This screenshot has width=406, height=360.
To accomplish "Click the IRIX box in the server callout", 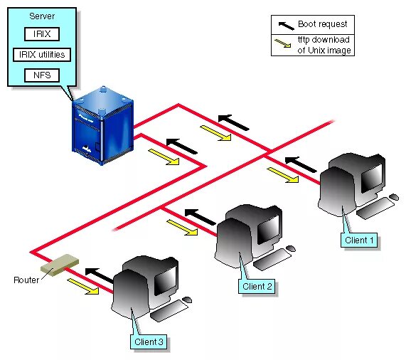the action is [x=42, y=34].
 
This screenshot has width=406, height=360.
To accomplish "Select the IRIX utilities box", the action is [x=42, y=55].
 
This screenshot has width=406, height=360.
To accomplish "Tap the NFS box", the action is [x=42, y=75].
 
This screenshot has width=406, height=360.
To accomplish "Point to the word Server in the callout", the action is [x=42, y=16].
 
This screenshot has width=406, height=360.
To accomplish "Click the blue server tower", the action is [x=103, y=126].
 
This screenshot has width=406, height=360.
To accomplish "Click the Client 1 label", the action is [x=359, y=240].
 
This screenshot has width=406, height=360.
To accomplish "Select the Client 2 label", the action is [x=257, y=286].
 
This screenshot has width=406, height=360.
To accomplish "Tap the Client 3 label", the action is [x=149, y=342].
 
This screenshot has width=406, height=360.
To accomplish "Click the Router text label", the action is [x=26, y=280].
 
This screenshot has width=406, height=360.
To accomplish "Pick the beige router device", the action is [x=60, y=265].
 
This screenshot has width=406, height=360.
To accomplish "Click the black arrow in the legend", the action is [x=286, y=26].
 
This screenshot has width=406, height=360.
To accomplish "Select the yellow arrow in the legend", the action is [x=283, y=43].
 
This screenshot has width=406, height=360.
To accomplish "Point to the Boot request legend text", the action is [x=322, y=24].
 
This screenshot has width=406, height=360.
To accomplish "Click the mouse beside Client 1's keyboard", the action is [x=394, y=197].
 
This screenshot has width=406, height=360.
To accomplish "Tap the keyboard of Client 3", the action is [x=169, y=310].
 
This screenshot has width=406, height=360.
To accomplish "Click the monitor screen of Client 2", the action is [x=269, y=228].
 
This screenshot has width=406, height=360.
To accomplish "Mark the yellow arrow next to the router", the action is [x=83, y=287].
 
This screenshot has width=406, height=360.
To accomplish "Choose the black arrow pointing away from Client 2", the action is [x=200, y=217].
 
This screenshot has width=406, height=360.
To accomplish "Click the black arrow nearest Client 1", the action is [x=300, y=164].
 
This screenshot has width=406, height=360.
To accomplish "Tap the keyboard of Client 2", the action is [x=272, y=260].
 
